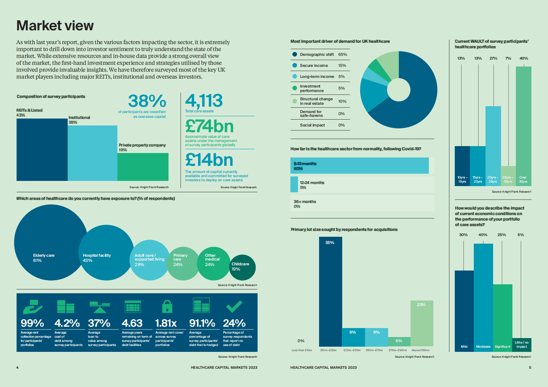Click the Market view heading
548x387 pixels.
coord(55,26)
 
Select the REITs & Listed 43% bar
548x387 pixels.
coord(42,150)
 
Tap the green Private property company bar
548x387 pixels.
coord(143,167)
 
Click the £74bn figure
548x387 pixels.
coord(209,126)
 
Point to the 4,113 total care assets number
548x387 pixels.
coord(204,101)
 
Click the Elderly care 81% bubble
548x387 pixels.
coord(50,242)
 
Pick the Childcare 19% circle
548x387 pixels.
coord(242,267)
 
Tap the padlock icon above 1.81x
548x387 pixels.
coord(167,306)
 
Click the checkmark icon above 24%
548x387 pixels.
coord(234,306)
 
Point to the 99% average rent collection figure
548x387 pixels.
coord(32,323)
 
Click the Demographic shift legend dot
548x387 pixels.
coord(295,54)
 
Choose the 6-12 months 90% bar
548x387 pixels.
coord(359,165)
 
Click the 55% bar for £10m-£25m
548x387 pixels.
coord(330,291)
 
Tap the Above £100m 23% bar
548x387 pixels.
coord(422,323)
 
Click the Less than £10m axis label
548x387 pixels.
coord(301,350)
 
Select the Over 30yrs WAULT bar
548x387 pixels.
coord(523,126)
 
